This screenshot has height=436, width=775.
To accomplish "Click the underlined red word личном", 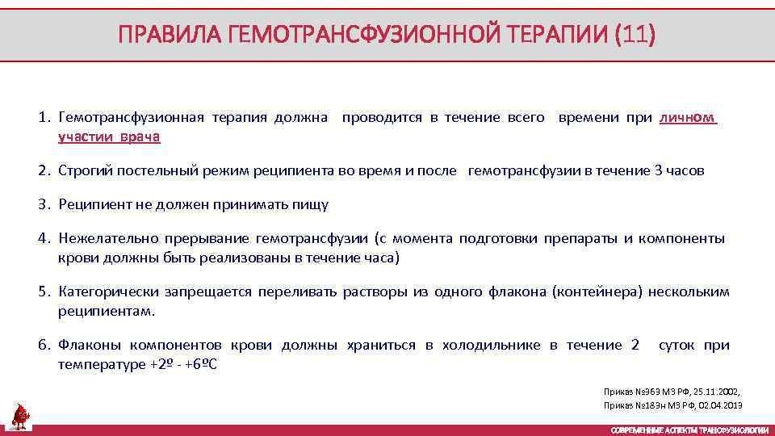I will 688,118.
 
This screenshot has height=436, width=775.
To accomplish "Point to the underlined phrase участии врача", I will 109,137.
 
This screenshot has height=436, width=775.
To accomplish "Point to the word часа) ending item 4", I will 381,258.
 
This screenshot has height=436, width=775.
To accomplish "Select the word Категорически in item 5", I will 108,292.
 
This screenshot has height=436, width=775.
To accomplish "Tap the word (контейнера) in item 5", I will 597,292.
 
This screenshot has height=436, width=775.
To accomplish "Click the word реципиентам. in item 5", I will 106,312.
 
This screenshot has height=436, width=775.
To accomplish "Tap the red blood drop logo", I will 20,415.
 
